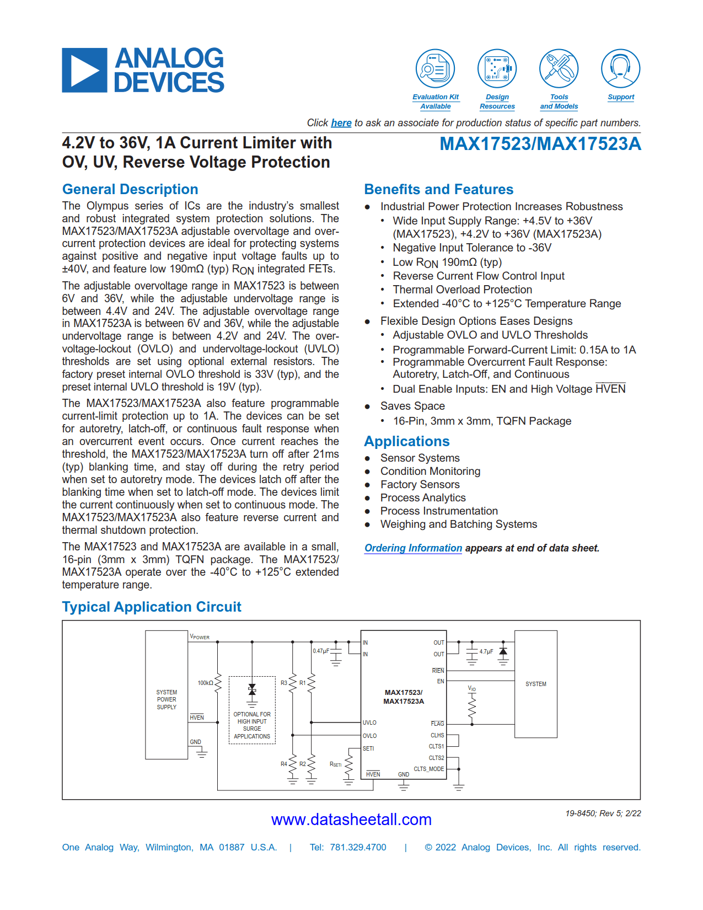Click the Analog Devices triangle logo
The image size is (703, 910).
pos(84,70)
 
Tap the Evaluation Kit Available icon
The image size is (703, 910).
pos(435,69)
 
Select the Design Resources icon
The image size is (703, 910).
pos(497,69)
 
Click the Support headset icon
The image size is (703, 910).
pos(620,69)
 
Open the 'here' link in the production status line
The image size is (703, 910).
pos(341,123)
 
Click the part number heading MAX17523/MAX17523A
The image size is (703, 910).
pos(540,144)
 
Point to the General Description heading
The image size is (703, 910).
pos(130,189)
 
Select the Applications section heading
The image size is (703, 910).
pos(407,441)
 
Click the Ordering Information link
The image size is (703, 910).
pos(413,548)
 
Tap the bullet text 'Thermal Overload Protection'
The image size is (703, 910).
pos(462,290)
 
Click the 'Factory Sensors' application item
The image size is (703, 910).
pos(420,484)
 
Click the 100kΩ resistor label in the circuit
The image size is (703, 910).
pos(205,683)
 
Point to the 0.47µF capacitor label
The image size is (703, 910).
pos(321,651)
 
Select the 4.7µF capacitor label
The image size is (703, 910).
pos(486,652)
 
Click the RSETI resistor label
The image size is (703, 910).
pos(335,764)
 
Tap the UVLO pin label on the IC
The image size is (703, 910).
pos(369,722)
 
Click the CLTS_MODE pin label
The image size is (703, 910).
pos(428,769)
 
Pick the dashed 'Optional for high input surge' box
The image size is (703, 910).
pos(252,710)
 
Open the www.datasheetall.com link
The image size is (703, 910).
pos(351,820)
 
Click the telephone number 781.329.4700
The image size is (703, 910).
pos(358,848)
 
